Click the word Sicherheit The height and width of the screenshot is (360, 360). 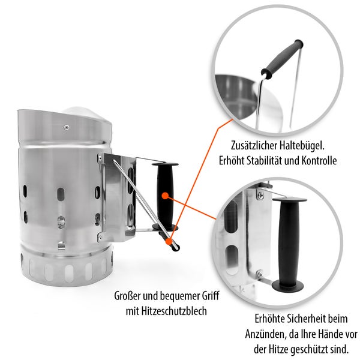point(296,319)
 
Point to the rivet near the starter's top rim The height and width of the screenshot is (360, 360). point(67,127)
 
